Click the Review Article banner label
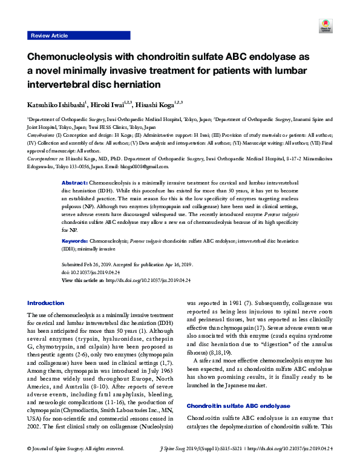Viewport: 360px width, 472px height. (x=49, y=36)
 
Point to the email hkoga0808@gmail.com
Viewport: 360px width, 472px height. (x=151, y=166)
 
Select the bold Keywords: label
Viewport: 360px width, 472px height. (x=78, y=240)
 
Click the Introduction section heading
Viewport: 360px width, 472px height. (x=46, y=303)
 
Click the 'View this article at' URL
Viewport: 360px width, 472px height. (x=148, y=281)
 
